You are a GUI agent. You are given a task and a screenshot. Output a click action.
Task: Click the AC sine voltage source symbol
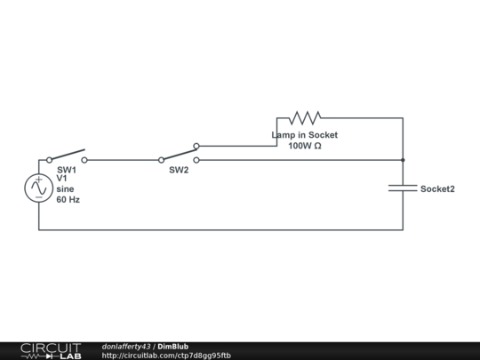[x=39, y=188]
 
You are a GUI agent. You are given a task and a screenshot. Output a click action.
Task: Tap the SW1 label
[x=67, y=170]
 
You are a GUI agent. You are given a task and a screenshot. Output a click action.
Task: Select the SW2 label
[x=179, y=170]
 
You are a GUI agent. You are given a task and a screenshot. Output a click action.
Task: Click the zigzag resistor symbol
[x=305, y=118]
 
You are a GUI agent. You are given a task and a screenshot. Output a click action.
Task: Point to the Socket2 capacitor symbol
[x=403, y=188]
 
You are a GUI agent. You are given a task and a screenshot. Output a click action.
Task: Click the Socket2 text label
[x=437, y=188]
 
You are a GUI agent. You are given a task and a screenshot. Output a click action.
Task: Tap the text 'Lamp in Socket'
[x=305, y=135]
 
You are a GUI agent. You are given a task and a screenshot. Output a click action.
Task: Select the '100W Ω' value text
[x=305, y=146]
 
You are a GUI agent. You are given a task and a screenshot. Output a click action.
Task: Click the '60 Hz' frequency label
[x=68, y=200]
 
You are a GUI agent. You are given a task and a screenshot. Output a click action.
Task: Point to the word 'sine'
[x=65, y=188]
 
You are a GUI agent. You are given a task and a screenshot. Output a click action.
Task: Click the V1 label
[x=61, y=178]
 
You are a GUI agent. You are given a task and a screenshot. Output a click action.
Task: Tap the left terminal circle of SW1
[x=49, y=160]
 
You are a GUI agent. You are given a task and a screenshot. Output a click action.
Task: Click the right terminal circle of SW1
[x=84, y=160]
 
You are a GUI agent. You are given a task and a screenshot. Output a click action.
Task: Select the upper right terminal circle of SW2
[x=196, y=146]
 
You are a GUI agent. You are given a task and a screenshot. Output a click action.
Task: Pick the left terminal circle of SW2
[x=161, y=160]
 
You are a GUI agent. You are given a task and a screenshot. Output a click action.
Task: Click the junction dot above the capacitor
[x=403, y=160]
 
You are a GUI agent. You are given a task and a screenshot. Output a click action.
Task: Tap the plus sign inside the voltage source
[x=39, y=180]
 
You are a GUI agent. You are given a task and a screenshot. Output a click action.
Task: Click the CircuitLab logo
[x=51, y=351]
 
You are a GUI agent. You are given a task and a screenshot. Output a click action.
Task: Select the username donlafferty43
[x=126, y=347]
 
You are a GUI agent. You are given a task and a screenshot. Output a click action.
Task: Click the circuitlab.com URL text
[x=166, y=356]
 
